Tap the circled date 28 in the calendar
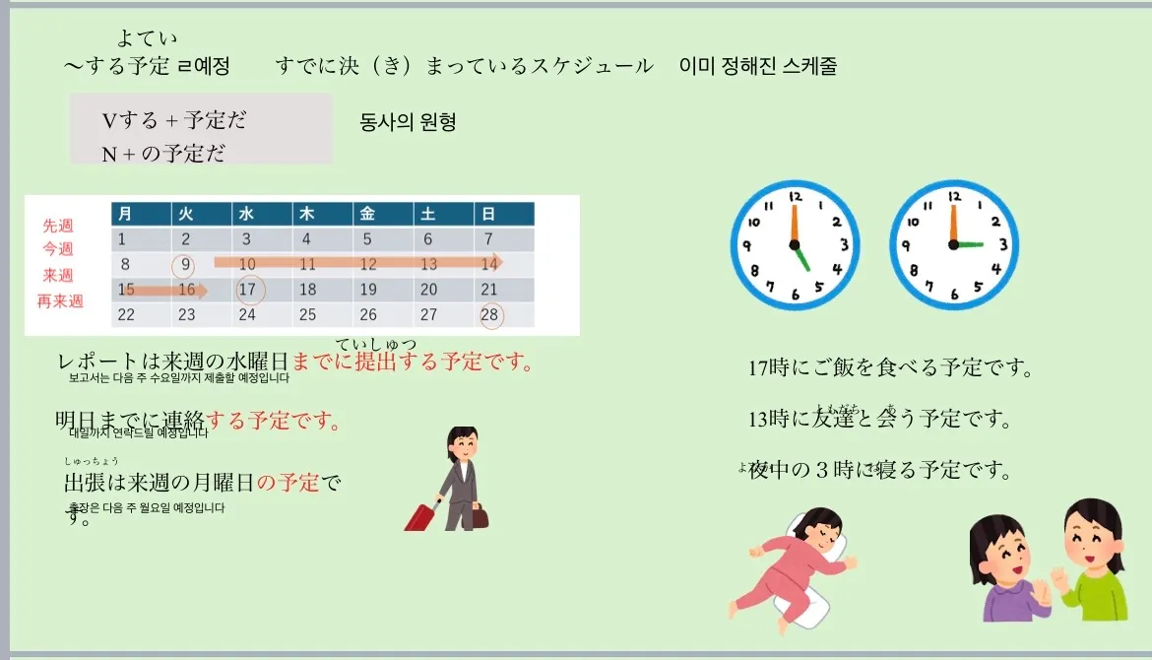(490, 315)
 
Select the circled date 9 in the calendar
(183, 265)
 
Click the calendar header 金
(367, 214)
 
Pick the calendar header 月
(125, 214)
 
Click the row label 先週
(57, 226)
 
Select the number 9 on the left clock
(749, 246)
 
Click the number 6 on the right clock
(953, 294)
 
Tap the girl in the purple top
(1002, 571)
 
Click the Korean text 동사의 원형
(409, 123)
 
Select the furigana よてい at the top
(147, 38)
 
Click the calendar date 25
(307, 315)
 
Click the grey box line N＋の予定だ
(162, 154)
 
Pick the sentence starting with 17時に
(889, 368)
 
